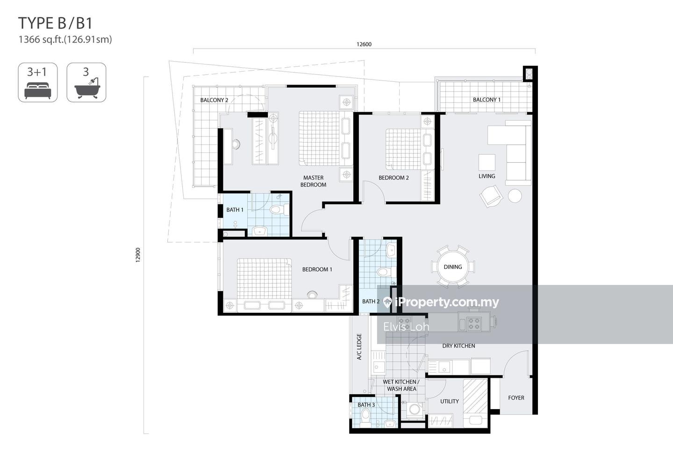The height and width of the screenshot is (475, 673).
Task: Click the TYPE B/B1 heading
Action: pyautogui.click(x=55, y=23)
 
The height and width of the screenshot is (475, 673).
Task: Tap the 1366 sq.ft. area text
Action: pyautogui.click(x=65, y=39)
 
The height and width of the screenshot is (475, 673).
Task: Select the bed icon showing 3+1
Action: pyautogui.click(x=37, y=82)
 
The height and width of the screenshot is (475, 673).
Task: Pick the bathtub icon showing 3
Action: pyautogui.click(x=86, y=82)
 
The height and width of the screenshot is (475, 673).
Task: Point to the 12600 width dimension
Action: pyautogui.click(x=364, y=44)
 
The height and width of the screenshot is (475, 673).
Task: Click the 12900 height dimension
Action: pyautogui.click(x=138, y=255)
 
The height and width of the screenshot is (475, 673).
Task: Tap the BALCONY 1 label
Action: pyautogui.click(x=487, y=100)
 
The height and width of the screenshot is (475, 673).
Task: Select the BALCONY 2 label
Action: pyautogui.click(x=214, y=100)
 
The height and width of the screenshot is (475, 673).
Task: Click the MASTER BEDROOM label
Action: pyautogui.click(x=313, y=181)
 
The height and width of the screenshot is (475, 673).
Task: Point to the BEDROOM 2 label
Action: pyautogui.click(x=394, y=178)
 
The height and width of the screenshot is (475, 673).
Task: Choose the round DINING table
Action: pyautogui.click(x=453, y=267)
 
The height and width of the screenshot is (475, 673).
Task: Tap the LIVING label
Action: pyautogui.click(x=487, y=176)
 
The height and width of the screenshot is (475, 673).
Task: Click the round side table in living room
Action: pyautogui.click(x=515, y=195)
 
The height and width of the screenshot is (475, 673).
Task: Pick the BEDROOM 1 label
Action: pyautogui.click(x=317, y=269)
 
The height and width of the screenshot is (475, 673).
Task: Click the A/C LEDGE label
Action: pyautogui.click(x=359, y=346)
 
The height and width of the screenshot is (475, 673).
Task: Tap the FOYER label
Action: pyautogui.click(x=516, y=398)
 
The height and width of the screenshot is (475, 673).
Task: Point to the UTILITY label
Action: pyautogui.click(x=450, y=401)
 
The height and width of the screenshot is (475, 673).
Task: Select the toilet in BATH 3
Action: pyautogui.click(x=365, y=418)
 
